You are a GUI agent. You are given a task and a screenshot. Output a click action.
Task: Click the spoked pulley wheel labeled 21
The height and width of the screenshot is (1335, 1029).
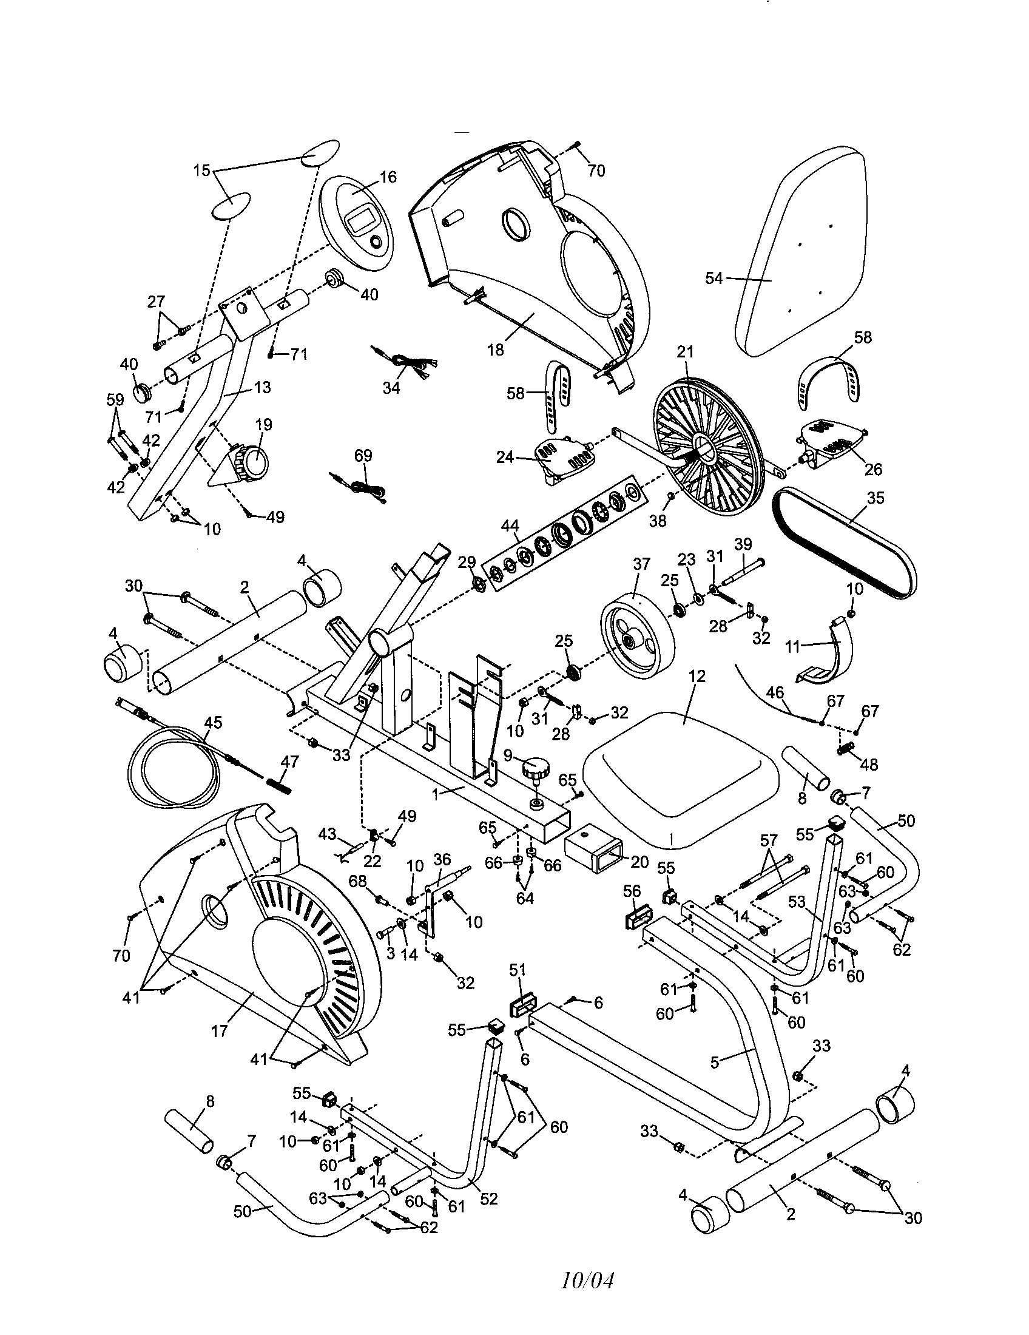[709, 449]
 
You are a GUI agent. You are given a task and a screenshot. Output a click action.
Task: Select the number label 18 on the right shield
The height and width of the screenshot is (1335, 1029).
[496, 350]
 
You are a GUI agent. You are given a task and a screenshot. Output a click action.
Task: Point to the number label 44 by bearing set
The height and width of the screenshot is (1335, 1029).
[510, 526]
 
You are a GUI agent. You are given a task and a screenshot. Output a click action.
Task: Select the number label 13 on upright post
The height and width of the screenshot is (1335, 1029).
[262, 388]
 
